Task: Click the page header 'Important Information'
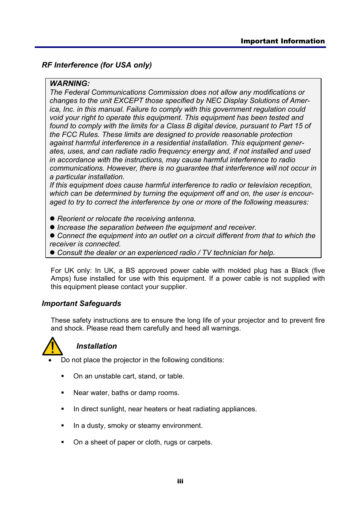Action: (x=282, y=41)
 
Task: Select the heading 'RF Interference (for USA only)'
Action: (x=97, y=65)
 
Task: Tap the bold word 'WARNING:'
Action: (x=70, y=83)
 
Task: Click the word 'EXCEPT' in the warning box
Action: (x=128, y=101)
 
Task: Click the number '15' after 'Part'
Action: (x=298, y=126)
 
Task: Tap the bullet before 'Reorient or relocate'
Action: (x=52, y=219)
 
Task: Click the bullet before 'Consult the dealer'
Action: (x=52, y=252)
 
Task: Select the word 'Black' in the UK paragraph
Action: (x=300, y=271)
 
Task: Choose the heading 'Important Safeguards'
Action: (x=82, y=304)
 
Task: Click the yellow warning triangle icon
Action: (x=52, y=347)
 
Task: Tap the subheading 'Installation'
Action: (x=97, y=346)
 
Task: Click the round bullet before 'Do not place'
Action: (x=50, y=360)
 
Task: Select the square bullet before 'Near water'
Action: (x=63, y=393)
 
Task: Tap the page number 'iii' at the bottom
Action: (x=180, y=481)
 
